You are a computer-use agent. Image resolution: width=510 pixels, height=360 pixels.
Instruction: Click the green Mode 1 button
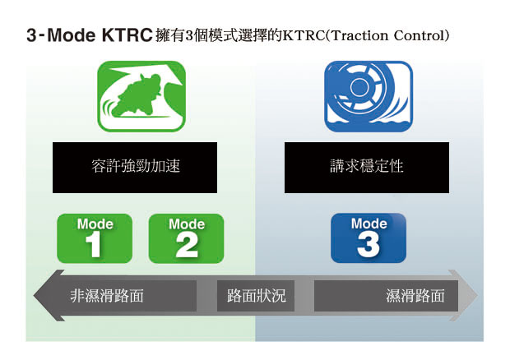point(95,238)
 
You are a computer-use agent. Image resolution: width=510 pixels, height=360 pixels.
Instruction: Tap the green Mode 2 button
point(187,238)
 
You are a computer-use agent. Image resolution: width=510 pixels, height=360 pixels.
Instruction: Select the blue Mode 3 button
point(369,238)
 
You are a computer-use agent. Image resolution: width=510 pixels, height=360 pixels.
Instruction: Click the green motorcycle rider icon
point(141,96)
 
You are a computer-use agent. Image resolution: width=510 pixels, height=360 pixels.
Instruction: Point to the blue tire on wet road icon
point(369,96)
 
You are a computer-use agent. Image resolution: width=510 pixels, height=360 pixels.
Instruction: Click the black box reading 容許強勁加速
point(135,168)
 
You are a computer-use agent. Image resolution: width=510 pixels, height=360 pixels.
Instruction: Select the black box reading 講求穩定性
point(367,168)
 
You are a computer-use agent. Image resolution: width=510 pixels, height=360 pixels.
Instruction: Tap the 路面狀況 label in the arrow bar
point(256,296)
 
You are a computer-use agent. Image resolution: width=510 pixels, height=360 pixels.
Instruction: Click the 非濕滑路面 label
point(107,296)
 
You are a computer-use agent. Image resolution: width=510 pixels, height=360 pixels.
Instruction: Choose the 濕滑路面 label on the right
point(415,296)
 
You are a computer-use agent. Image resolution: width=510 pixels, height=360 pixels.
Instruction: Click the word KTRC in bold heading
point(128,35)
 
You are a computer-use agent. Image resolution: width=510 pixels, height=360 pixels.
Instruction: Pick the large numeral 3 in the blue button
point(369,245)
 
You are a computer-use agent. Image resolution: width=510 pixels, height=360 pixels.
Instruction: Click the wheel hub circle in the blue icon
point(359,87)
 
